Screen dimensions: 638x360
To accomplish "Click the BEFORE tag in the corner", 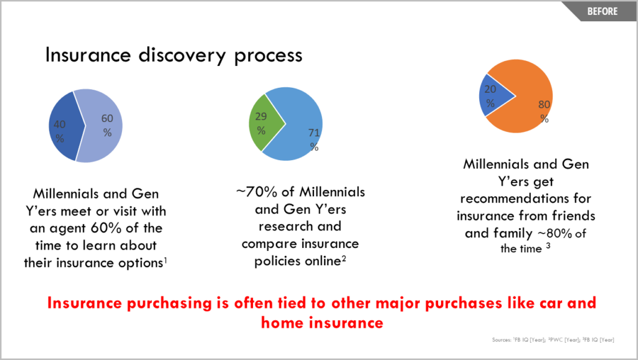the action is click(602, 11).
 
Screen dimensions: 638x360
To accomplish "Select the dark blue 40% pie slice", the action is click(65, 126).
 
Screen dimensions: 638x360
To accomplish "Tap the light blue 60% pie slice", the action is click(102, 126).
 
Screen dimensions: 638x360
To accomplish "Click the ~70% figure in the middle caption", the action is click(257, 192).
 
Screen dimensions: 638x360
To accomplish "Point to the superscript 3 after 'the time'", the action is click(548, 245).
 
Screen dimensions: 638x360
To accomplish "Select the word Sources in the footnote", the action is click(502, 339).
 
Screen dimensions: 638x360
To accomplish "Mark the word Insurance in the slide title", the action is click(88, 55).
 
